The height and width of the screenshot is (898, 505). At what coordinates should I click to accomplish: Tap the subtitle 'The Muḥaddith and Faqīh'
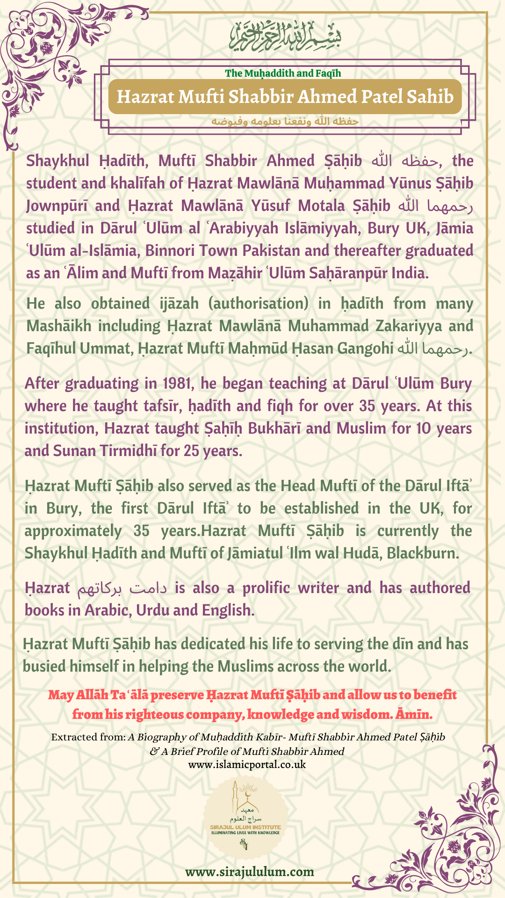tap(283, 73)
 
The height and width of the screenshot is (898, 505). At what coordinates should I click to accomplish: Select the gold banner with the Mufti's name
tap(285, 96)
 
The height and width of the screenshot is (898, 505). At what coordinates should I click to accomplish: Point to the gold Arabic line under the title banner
tap(285, 121)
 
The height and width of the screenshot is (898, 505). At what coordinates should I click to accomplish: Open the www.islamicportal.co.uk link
tap(247, 765)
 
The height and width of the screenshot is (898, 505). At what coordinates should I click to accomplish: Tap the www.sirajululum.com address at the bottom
tap(249, 872)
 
